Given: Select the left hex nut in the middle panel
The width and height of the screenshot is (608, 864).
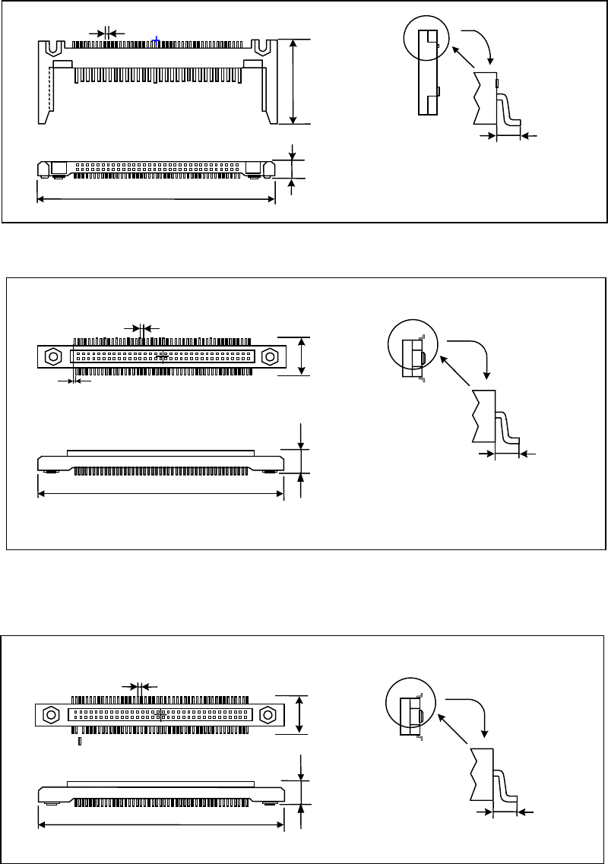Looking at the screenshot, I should pos(54,356).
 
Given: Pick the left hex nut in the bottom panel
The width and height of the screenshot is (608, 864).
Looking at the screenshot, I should pos(52,715).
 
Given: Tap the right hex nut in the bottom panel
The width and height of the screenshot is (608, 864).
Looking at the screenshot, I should pos(268,715).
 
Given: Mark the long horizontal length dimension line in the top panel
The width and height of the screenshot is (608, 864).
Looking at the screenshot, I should pos(156,199).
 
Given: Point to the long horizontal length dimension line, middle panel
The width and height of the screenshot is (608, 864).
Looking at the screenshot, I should pos(160,493).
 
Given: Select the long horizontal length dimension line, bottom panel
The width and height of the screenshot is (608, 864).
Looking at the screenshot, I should pos(160,824).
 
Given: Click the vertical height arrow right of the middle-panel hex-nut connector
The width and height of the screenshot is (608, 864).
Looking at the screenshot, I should pos(303,356).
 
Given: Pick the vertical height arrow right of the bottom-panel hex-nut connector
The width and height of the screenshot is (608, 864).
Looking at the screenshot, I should pos(302,714).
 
